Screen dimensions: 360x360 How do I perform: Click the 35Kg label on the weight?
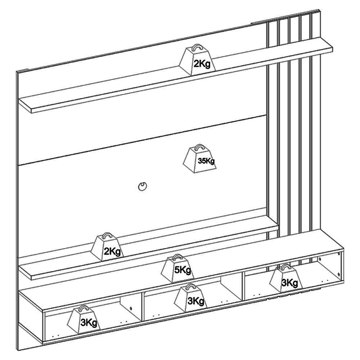206,161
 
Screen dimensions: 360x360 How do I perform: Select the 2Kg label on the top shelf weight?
202,64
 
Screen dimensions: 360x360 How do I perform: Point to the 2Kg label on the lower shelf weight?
112,252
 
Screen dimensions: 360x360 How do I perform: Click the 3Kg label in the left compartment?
89,323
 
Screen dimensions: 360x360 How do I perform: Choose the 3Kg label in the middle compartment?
196,301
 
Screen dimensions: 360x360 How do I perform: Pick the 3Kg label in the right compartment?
290,283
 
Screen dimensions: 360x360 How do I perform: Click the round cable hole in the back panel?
143,186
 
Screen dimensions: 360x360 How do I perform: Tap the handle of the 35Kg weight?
198,147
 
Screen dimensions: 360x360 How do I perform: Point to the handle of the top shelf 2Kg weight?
197,46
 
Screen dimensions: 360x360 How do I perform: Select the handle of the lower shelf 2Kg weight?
107,235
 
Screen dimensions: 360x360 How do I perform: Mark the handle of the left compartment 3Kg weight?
84,309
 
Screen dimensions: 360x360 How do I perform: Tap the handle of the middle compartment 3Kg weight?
190,286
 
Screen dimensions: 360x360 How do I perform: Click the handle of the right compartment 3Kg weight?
285,267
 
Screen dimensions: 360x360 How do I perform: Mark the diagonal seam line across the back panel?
142,140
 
